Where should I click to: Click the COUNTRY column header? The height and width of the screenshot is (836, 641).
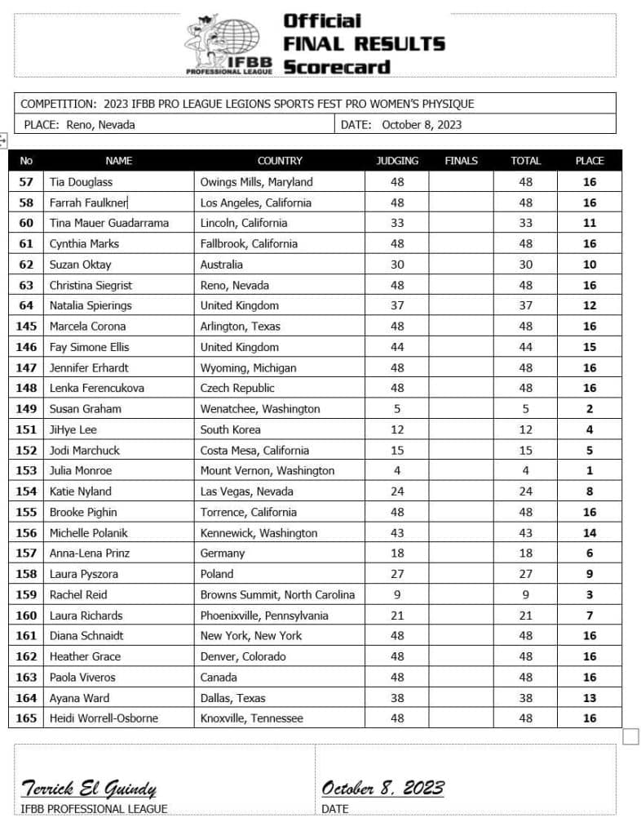[280, 161]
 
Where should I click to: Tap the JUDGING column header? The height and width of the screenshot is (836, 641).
[397, 161]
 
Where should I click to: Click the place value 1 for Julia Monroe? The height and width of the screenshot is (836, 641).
[590, 470]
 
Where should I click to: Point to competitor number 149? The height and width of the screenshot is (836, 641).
[26, 408]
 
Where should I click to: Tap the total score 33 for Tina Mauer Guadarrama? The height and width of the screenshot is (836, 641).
[525, 223]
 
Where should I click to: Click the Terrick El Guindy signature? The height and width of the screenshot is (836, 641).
[88, 788]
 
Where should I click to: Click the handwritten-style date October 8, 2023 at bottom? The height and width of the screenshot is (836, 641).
[382, 788]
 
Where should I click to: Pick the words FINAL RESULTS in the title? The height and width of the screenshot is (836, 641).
[364, 43]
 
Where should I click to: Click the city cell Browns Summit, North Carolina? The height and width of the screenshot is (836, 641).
[277, 594]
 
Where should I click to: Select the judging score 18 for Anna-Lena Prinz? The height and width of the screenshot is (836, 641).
[397, 553]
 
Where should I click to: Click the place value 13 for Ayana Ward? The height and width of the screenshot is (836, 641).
[590, 697]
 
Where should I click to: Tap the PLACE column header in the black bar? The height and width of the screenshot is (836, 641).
[590, 161]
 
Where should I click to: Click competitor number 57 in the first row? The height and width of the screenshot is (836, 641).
[26, 182]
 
